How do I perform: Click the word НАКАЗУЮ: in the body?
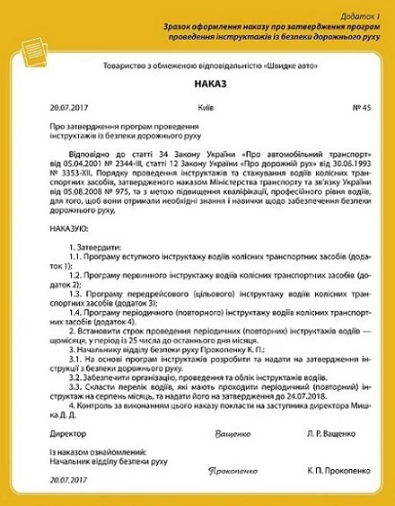point(57,229)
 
